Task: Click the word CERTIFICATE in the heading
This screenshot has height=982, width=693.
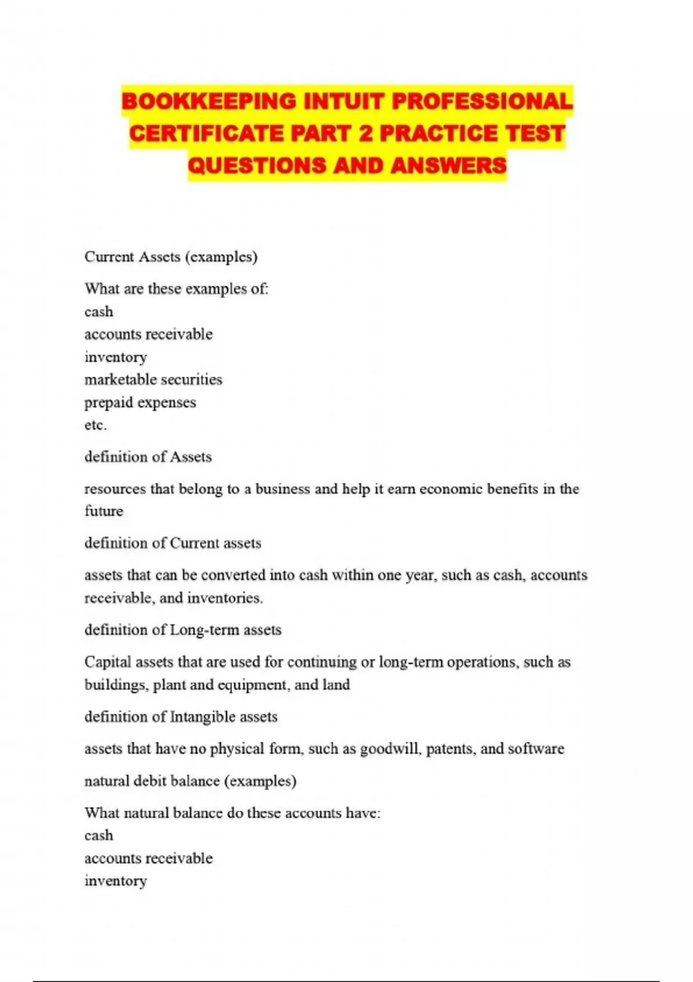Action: pos(206,133)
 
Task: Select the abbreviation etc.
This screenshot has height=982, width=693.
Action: pos(95,425)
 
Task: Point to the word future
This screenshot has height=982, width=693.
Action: pos(103,511)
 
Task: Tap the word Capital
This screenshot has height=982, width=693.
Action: pos(107,662)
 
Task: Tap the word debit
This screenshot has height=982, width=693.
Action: pos(147,781)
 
